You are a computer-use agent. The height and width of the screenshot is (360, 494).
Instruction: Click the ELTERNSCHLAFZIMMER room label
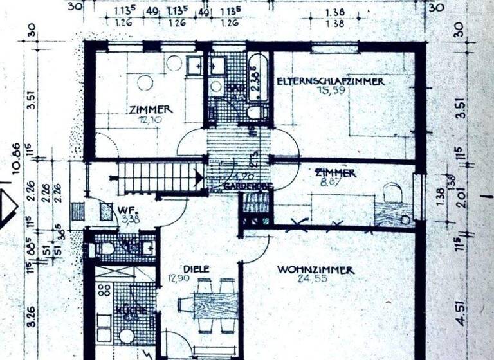tap(330, 82)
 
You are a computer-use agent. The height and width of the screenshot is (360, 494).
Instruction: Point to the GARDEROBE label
tap(248, 186)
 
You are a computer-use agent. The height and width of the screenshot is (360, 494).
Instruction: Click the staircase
tap(158, 175)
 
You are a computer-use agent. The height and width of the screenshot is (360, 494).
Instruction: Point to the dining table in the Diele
tap(215, 305)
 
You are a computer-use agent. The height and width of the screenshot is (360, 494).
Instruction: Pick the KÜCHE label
tap(126, 311)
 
